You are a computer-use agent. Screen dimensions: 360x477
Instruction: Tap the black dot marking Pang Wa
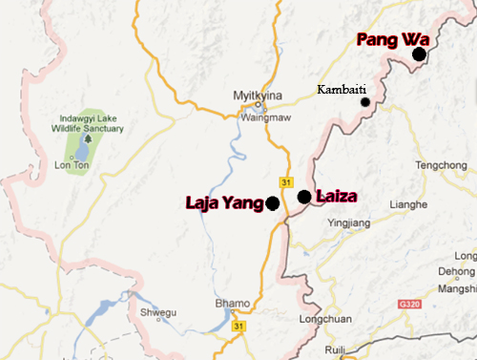coord(419,54)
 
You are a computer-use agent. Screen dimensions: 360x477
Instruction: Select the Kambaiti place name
coord(340,89)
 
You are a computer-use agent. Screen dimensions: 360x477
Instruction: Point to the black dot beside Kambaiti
coord(364,101)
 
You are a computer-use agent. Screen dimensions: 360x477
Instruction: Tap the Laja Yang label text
coord(225,202)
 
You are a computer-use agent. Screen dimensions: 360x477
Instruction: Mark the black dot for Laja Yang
coord(273,202)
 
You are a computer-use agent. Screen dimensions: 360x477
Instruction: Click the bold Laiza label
coord(335,197)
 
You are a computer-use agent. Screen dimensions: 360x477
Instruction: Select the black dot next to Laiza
coord(303,197)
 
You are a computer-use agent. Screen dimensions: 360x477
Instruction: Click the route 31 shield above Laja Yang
coord(286,182)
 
